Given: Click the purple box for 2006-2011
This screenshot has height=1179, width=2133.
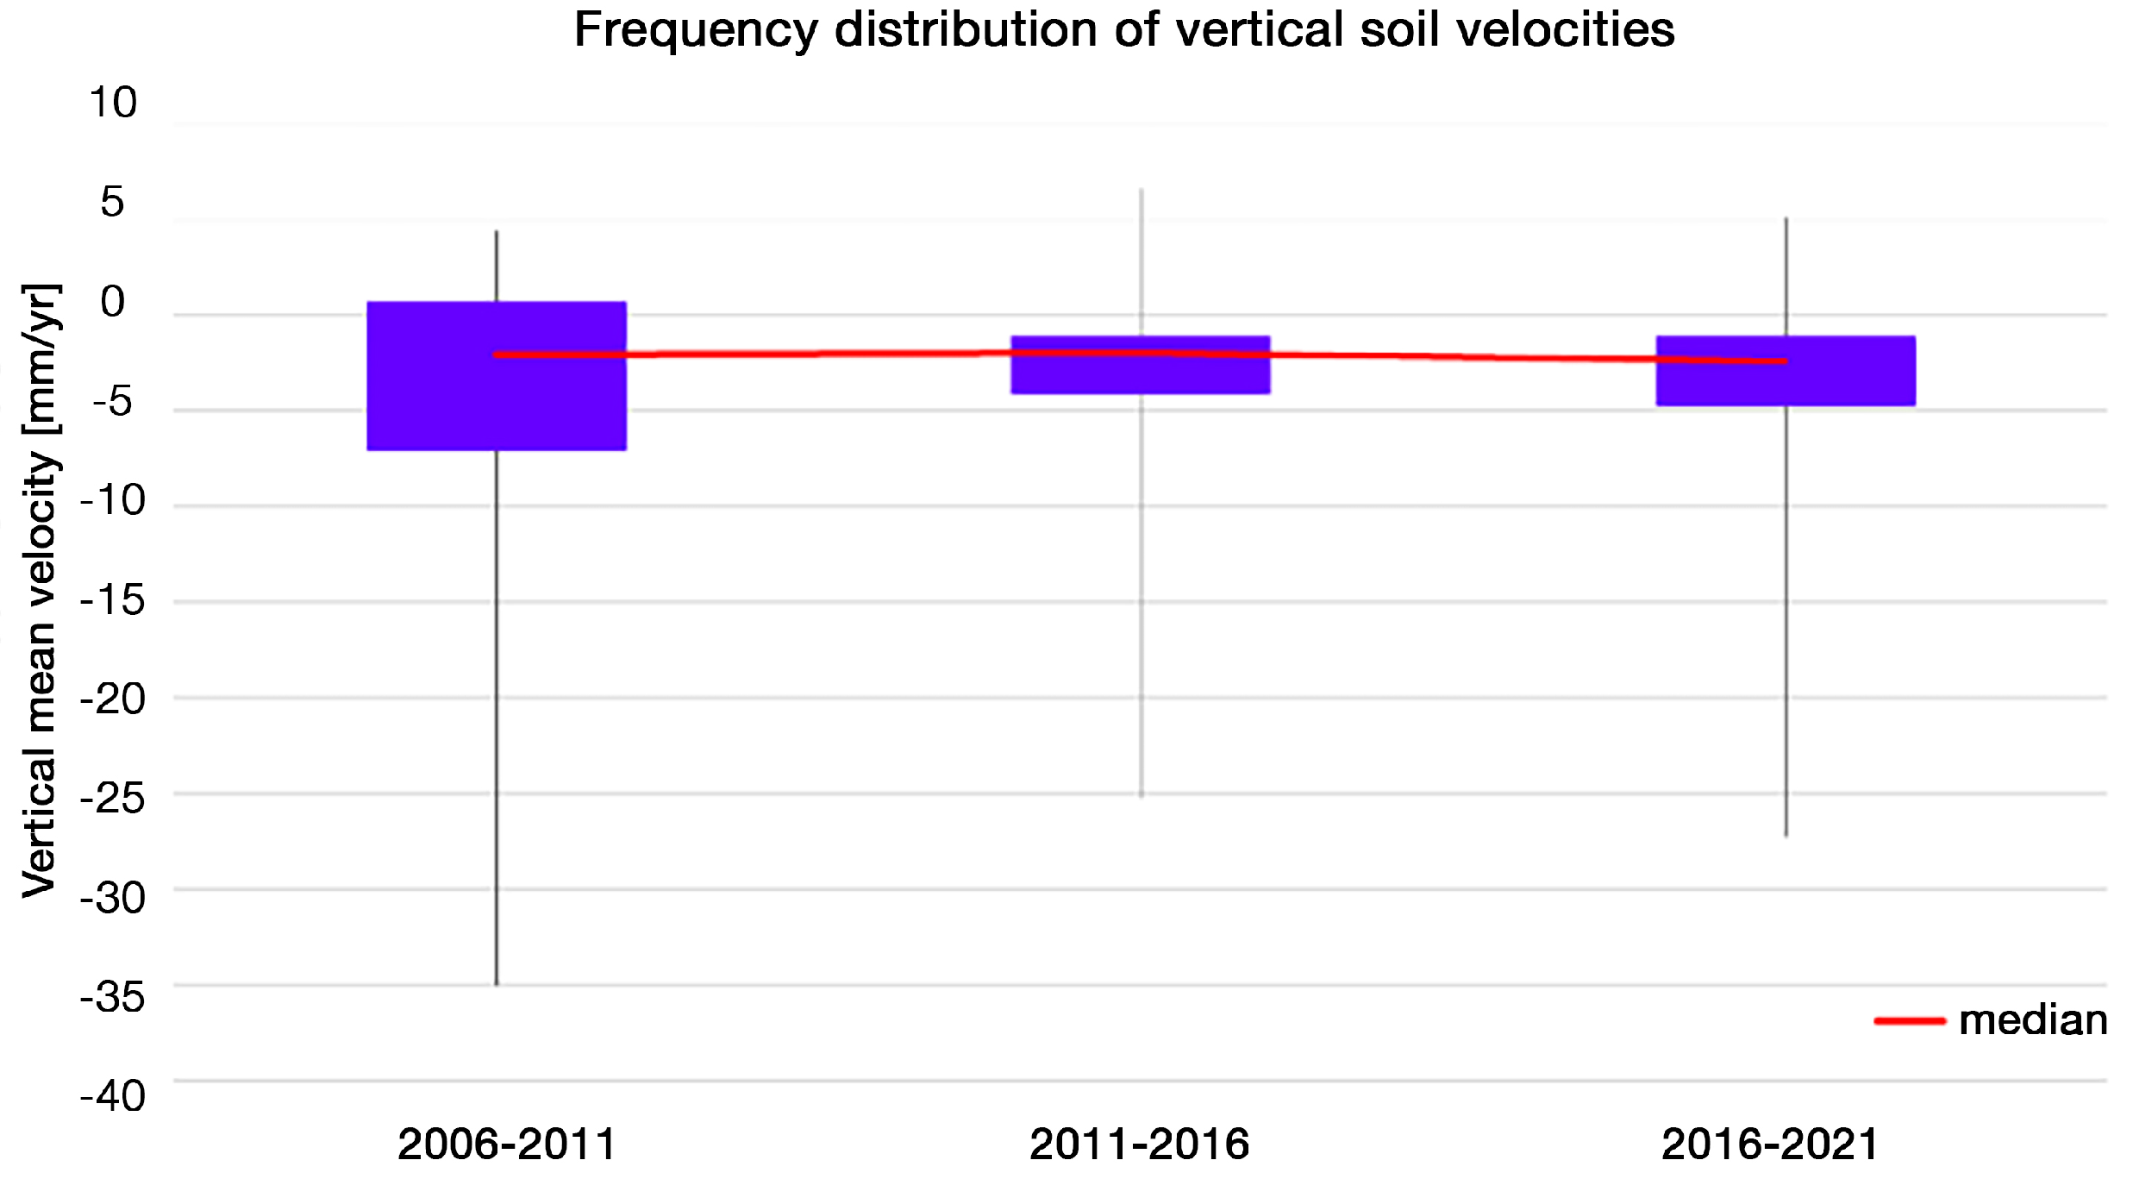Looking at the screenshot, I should pos(497,405).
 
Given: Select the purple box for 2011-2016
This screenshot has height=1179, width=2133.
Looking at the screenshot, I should pos(1141,375).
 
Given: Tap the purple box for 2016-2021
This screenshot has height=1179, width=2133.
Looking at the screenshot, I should pos(1786,385).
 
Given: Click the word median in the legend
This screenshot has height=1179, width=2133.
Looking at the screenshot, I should pos(2033,1021).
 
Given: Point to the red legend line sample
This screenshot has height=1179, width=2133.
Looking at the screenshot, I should pos(1909,1021).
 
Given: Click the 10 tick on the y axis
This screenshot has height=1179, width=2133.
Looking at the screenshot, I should pos(113,103).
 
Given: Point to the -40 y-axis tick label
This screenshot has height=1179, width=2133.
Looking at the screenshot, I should pos(113,1097).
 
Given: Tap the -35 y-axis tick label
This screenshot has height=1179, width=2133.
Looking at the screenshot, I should pos(113,998).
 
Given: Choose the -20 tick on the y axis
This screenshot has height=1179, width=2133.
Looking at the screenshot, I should pos(113,699).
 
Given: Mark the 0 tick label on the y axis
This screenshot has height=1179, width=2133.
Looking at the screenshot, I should pos(113,302).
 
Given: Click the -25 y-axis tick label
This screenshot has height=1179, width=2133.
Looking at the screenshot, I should pos(113,799).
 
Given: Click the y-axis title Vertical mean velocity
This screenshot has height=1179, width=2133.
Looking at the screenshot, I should pos(40,590).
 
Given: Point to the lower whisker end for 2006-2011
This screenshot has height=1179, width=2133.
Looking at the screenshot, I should pos(497,983).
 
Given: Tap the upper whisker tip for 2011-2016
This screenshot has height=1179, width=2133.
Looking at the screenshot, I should pos(1142,190).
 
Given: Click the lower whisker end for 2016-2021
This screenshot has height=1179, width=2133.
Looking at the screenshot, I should pos(1786,835).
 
